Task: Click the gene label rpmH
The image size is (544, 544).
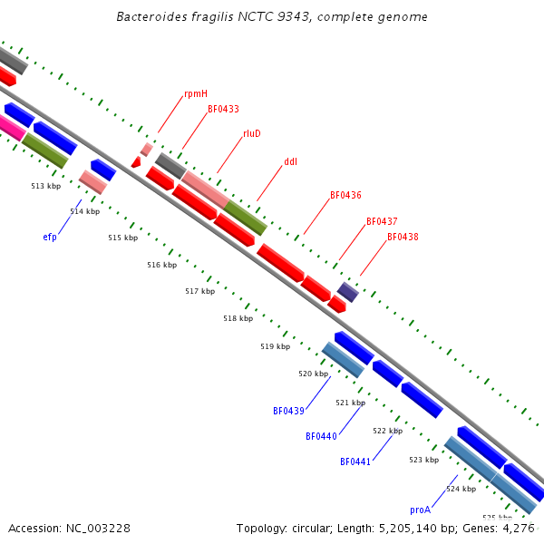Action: click(196, 93)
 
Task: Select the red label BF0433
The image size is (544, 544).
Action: click(223, 109)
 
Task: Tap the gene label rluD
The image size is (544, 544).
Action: click(251, 133)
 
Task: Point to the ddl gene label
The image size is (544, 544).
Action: click(290, 162)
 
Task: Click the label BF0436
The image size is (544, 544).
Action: click(345, 195)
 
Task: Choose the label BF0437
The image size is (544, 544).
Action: click(382, 221)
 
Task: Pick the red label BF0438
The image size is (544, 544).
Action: click(403, 237)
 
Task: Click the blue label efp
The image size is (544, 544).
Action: click(50, 238)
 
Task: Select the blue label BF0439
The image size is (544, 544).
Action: click(288, 411)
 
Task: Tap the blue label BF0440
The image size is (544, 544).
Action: click(321, 436)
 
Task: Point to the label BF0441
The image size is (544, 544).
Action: click(355, 461)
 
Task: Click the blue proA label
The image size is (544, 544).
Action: click(420, 510)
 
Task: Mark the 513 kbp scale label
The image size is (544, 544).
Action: click(45, 186)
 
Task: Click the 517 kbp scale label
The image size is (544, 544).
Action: click(199, 291)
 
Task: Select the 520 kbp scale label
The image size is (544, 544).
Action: click(313, 374)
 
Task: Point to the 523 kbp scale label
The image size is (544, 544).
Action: click(423, 460)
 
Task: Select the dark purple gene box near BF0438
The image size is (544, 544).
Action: click(348, 291)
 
